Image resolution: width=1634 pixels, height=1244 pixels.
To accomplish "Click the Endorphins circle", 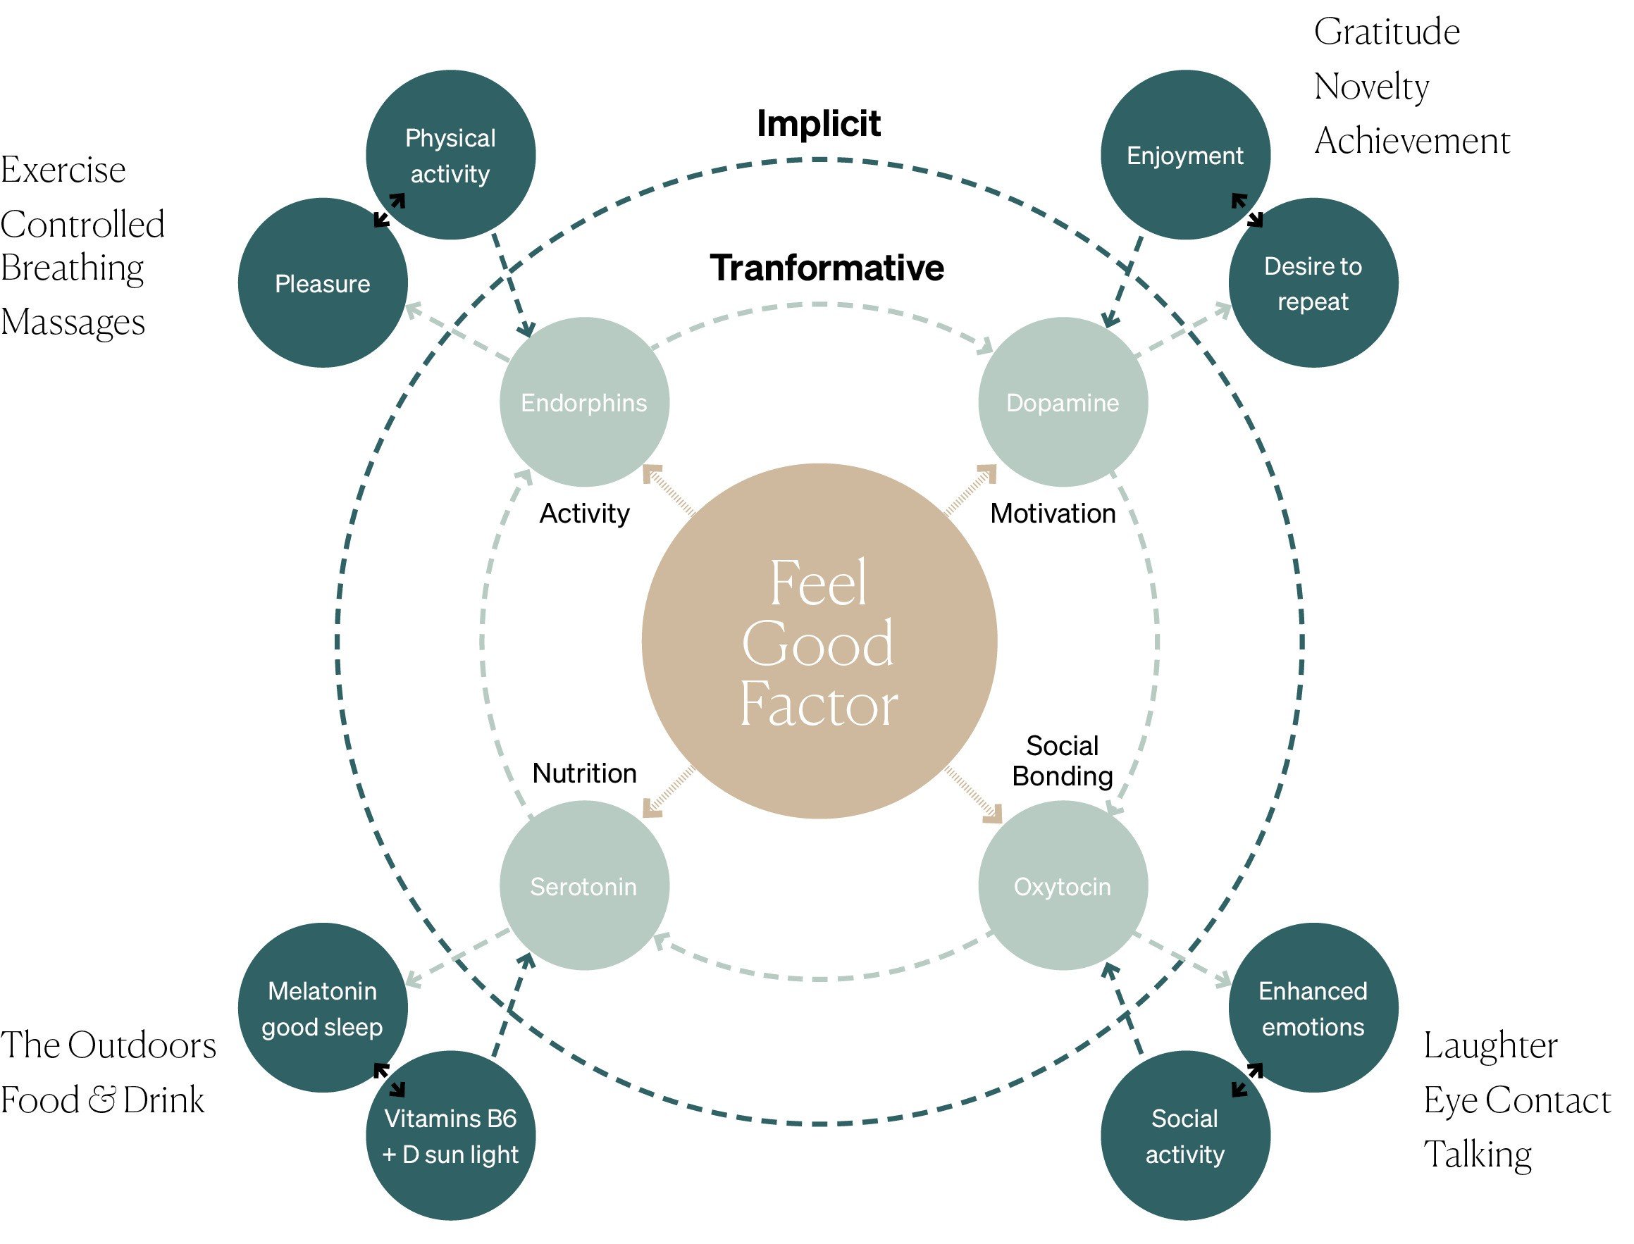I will tap(583, 402).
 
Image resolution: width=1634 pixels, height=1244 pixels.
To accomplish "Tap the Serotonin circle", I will tap(583, 885).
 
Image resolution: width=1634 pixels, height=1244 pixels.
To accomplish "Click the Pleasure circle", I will tap(322, 283).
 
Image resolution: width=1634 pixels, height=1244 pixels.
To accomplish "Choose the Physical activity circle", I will tap(450, 156).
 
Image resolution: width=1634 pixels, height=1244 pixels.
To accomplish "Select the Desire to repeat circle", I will tap(1313, 283).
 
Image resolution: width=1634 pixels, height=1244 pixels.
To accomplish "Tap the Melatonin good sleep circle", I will tap(322, 1008).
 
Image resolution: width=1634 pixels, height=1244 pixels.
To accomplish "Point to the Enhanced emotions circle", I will tap(1313, 1008).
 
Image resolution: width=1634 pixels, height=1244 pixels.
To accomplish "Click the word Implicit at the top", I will tap(819, 123).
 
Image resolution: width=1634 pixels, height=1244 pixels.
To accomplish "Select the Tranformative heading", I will tap(827, 267).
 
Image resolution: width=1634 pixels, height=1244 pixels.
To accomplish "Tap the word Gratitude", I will tap(1387, 32).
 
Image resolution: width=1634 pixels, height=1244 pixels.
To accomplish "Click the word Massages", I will tap(73, 322).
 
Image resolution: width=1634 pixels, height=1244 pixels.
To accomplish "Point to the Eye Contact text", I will tap(1517, 1100).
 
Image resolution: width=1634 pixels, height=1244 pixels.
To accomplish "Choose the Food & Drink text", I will tap(102, 1100).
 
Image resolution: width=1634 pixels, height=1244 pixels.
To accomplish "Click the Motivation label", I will tap(1053, 513).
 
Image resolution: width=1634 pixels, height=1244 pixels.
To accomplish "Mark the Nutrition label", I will tap(584, 773).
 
